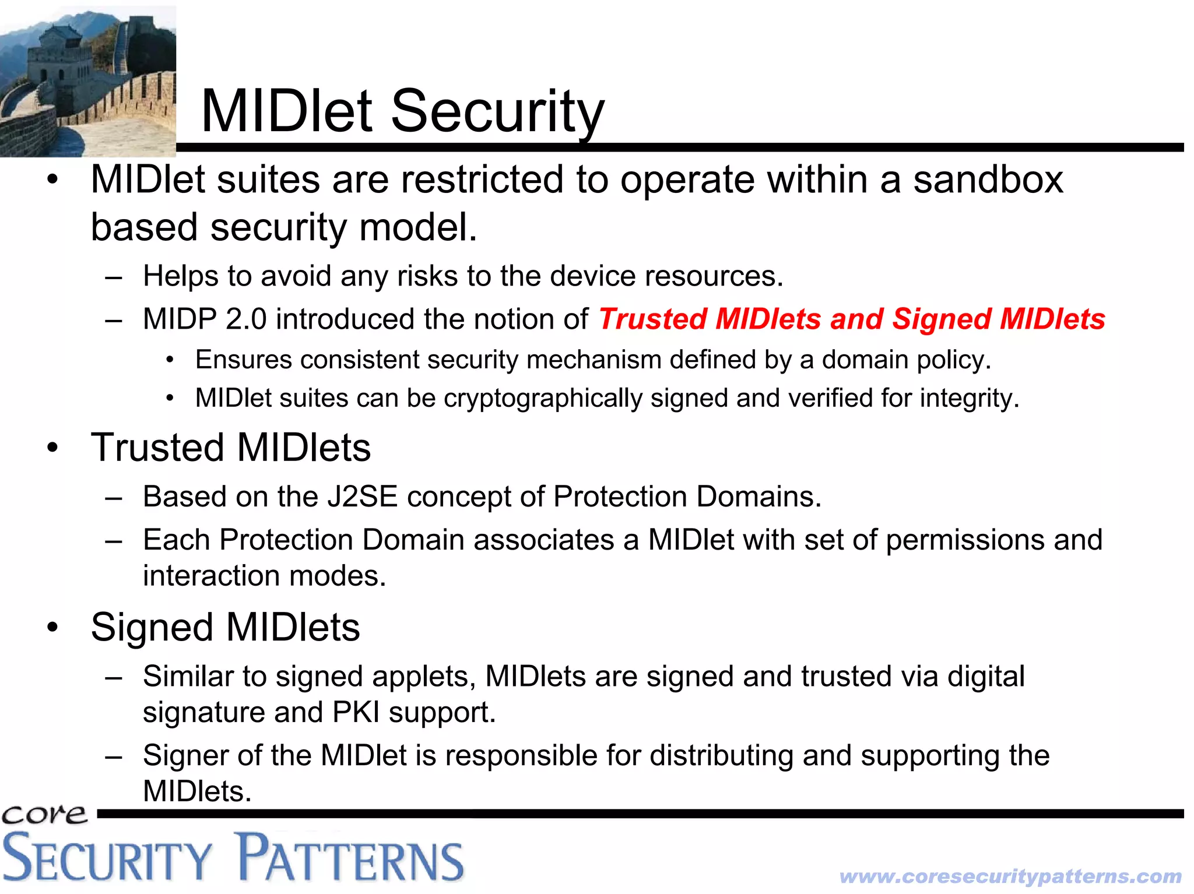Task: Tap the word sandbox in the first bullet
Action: click(988, 179)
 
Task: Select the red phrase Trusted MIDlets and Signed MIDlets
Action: click(851, 319)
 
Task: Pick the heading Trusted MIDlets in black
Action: click(231, 448)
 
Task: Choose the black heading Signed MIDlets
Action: click(225, 628)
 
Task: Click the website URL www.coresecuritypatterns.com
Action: click(1010, 876)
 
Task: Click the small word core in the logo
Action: click(44, 814)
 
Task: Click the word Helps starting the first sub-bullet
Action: click(181, 276)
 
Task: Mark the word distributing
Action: click(721, 756)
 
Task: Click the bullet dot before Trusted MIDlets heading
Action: click(53, 448)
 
